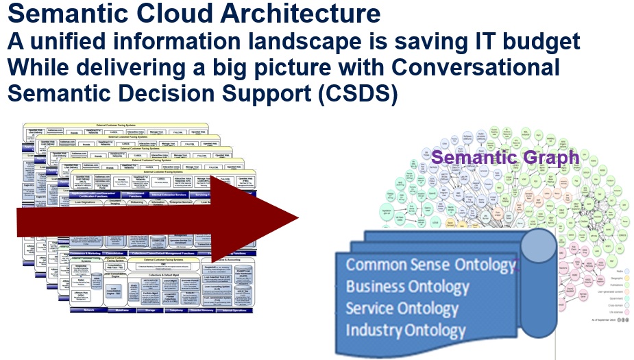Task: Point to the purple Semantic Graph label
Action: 505,157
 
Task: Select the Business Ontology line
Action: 407,287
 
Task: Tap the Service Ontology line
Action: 402,308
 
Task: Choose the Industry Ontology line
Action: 406,330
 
